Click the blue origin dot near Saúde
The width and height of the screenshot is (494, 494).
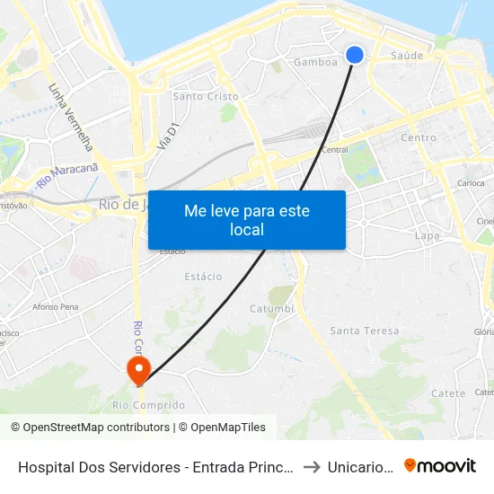click(x=355, y=55)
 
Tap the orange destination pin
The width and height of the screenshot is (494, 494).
click(x=139, y=368)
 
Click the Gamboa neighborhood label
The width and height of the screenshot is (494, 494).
click(x=315, y=63)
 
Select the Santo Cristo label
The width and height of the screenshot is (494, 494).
click(x=206, y=96)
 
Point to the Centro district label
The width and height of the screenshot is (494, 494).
click(x=418, y=137)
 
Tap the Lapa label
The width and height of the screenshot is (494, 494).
click(x=427, y=235)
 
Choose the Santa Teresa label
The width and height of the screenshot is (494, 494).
click(x=364, y=331)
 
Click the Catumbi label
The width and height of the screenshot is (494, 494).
click(x=271, y=309)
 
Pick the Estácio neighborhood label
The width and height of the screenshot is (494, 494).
click(x=203, y=277)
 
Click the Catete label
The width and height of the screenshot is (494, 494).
click(x=448, y=393)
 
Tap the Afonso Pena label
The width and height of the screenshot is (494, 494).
click(x=57, y=306)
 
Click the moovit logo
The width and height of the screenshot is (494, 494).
click(x=440, y=465)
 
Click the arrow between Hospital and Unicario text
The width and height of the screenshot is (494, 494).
click(x=311, y=466)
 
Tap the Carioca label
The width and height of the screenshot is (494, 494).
click(x=471, y=182)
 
